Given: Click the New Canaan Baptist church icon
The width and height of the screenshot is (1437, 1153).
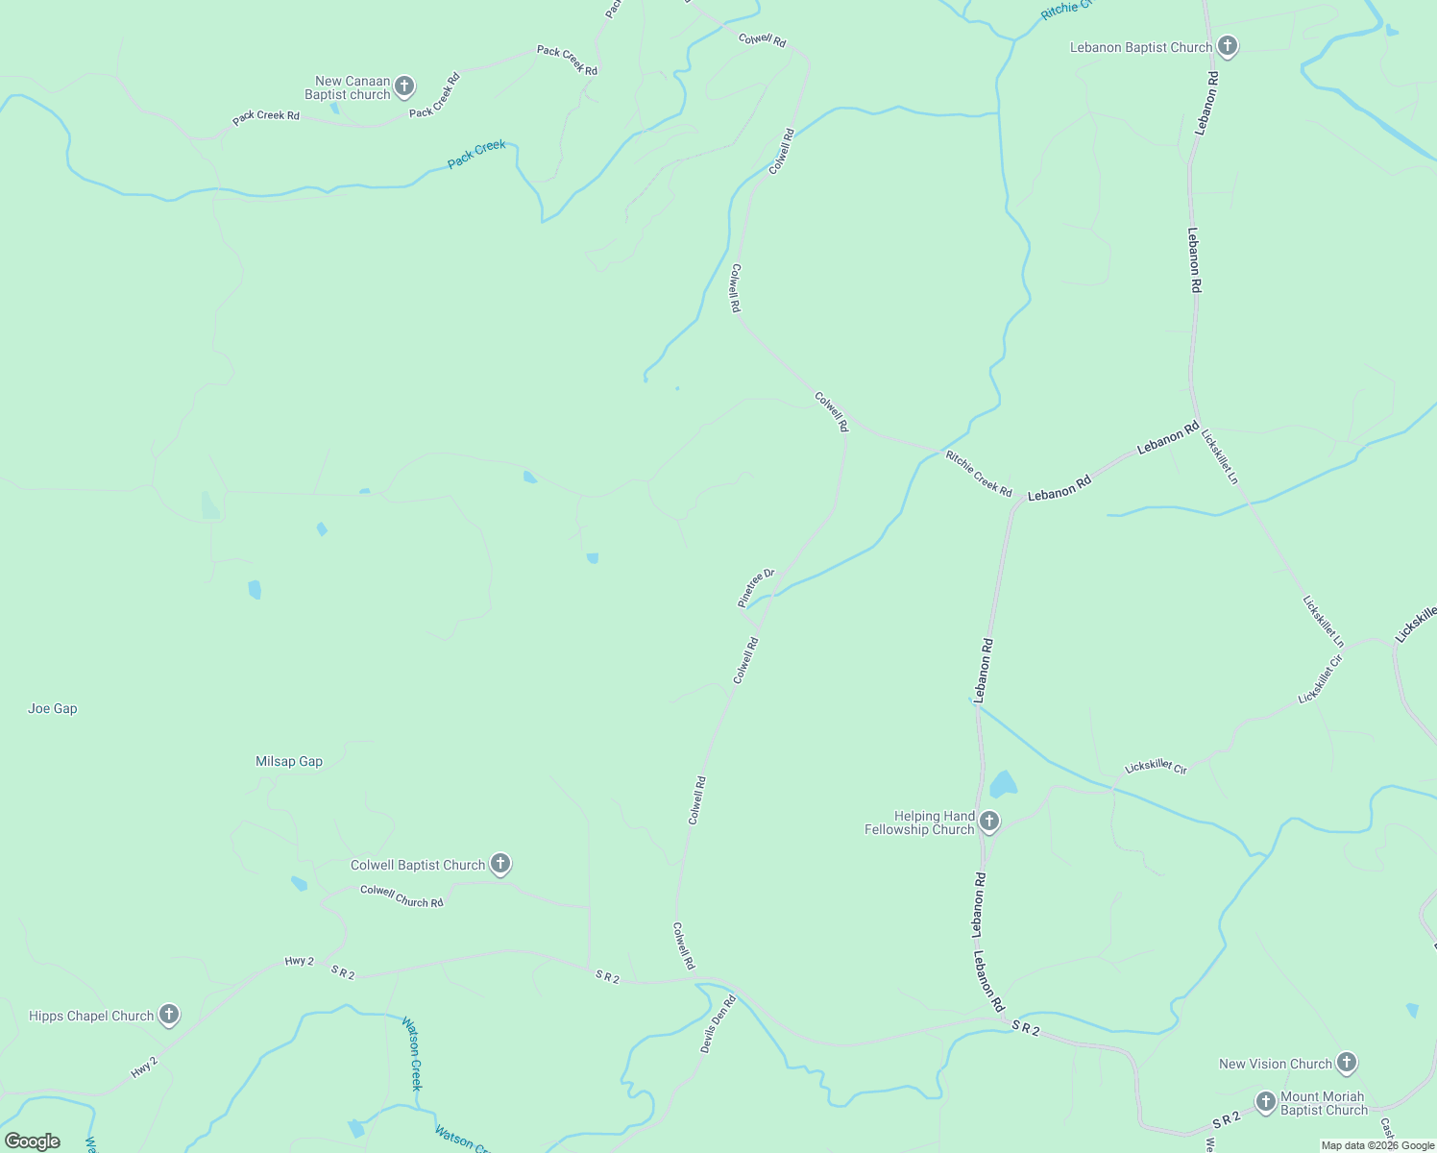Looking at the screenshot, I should [x=404, y=86].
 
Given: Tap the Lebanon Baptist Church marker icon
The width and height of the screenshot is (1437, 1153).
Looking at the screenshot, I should [x=1227, y=46].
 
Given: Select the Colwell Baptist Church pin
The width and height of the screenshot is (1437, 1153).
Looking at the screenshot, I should [x=499, y=864].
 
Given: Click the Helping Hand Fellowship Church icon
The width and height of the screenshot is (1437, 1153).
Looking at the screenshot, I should [x=989, y=822].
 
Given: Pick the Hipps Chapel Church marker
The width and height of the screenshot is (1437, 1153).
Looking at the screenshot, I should [x=169, y=1015].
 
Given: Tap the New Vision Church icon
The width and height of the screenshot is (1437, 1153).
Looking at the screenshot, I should [x=1347, y=1062].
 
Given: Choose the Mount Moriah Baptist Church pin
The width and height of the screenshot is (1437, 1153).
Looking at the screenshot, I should [x=1266, y=1101].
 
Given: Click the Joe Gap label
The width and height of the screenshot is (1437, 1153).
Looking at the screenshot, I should [x=53, y=709].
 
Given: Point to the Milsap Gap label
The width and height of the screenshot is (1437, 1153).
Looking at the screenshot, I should [x=289, y=762].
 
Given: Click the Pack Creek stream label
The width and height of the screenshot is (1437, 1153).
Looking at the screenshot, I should [x=476, y=154].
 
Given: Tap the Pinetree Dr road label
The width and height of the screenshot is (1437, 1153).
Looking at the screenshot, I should [x=756, y=587].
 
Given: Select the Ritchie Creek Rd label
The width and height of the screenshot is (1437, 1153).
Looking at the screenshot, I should [x=979, y=474].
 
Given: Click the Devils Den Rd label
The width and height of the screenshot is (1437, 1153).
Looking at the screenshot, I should [x=718, y=1024].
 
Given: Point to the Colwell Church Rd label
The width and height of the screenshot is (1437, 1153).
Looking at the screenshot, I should [x=402, y=896].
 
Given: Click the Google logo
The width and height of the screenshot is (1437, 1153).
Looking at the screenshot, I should [x=33, y=1141].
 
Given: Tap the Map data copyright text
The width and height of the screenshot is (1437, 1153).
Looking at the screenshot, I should [x=1376, y=1145].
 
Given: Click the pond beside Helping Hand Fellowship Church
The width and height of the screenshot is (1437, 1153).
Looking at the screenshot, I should [x=1003, y=784].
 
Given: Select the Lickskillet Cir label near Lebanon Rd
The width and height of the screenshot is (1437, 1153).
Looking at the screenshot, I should [x=1156, y=767].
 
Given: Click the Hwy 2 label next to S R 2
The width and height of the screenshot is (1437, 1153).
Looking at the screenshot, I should [x=299, y=961].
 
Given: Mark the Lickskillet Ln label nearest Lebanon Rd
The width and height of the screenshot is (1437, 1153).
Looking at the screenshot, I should [x=1220, y=460].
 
